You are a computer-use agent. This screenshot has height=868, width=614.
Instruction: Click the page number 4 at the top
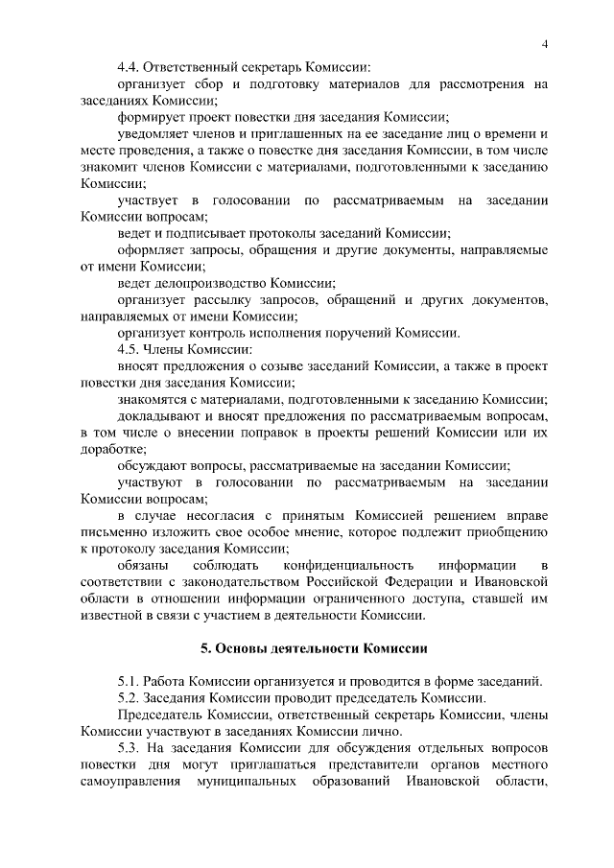coord(544,46)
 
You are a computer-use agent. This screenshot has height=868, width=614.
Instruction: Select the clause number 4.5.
coord(130,350)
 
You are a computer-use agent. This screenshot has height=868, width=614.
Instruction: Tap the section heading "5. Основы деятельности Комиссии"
coord(314,647)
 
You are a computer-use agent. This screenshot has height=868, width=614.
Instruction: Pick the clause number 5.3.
coord(130,748)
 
